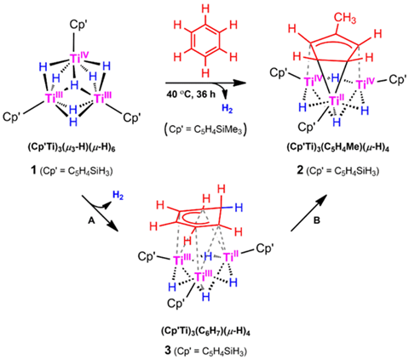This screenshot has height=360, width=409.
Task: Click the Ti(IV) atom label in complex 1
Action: pyautogui.click(x=78, y=58)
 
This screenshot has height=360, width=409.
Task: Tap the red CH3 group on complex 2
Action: pyautogui.click(x=344, y=19)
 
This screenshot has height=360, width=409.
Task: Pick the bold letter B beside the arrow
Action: pyautogui.click(x=316, y=221)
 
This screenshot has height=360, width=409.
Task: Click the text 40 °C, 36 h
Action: pyautogui.click(x=191, y=94)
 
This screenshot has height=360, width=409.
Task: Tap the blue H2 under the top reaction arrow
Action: pyautogui.click(x=228, y=109)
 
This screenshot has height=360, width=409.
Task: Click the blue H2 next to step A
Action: pyautogui.click(x=118, y=195)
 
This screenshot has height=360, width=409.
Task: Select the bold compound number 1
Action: pyautogui.click(x=34, y=171)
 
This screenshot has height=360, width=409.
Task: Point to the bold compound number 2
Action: pyautogui.click(x=300, y=171)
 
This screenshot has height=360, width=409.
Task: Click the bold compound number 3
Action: pyautogui.click(x=168, y=351)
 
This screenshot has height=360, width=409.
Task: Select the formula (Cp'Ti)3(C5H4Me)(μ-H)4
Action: pyautogui.click(x=337, y=149)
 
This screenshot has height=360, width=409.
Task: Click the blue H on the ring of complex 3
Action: pyautogui.click(x=239, y=208)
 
